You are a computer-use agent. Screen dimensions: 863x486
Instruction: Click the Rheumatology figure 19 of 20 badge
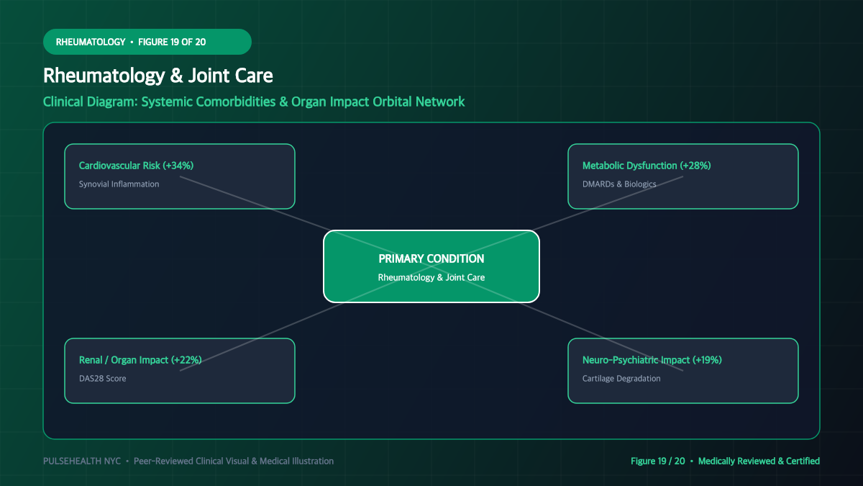coord(147,42)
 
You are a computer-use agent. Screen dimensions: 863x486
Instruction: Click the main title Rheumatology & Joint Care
coord(158,76)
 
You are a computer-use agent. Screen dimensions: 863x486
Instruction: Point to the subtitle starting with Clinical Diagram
coord(254,102)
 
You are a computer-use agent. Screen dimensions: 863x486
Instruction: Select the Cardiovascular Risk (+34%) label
coord(136,166)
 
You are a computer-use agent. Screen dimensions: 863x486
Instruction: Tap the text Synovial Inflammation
coord(119,184)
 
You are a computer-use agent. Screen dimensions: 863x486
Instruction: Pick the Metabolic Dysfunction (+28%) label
coord(647,166)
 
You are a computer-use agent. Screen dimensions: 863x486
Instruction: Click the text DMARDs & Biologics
coord(619,184)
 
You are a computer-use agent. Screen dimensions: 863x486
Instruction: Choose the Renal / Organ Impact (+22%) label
coord(140,360)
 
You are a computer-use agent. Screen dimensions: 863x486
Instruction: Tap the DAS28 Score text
coord(102,379)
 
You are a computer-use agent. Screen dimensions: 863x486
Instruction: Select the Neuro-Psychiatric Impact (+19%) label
coord(652,360)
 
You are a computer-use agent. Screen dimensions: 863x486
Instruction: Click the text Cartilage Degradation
coord(621,379)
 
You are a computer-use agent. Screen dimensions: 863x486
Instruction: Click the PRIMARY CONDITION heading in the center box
coord(431,258)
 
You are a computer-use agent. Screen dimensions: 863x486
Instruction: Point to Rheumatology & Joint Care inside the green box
coord(431,277)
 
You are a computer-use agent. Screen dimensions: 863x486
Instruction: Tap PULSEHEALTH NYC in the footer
coord(82,461)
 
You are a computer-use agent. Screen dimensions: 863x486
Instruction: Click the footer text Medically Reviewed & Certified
coord(759,461)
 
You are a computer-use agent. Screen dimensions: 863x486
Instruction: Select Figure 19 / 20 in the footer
coord(657,461)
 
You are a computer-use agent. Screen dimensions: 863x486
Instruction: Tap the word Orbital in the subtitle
coord(392,102)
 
